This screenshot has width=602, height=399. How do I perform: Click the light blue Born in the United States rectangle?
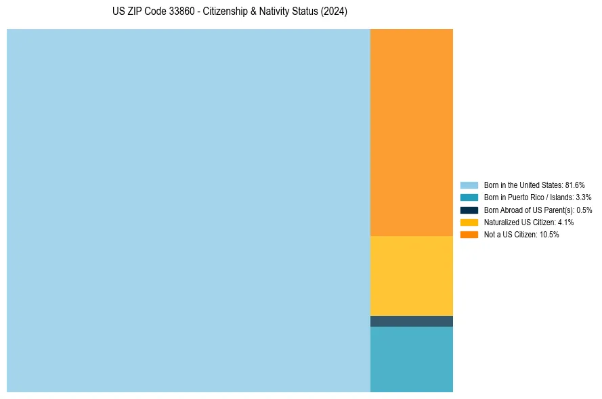[188, 210]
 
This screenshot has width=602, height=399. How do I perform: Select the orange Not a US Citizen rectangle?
[412, 133]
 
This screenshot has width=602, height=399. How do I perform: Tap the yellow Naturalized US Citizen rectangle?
[412, 275]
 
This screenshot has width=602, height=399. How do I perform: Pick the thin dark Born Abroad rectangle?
[412, 321]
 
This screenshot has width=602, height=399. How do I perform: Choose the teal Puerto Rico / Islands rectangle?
[412, 359]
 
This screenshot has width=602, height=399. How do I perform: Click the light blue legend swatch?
[469, 185]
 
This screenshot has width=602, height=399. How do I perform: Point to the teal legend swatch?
[469, 197]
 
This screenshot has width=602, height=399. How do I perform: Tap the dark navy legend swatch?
[469, 210]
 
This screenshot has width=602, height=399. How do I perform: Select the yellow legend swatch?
[469, 222]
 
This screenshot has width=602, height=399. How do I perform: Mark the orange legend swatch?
[469, 235]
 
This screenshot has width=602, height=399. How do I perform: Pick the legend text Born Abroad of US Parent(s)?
[529, 210]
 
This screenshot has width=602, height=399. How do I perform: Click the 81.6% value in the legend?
[575, 185]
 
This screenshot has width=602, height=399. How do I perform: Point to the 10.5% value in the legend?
[549, 235]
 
